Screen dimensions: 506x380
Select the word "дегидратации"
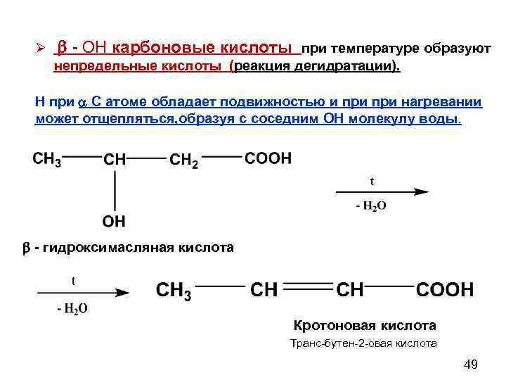355,67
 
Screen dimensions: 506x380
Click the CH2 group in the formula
184,160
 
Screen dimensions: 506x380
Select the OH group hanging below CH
114,222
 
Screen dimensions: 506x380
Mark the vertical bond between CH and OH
115,190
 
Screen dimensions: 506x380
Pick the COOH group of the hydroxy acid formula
268,159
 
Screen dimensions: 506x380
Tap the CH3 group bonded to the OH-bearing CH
47,160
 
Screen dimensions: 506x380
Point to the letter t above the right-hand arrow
372,181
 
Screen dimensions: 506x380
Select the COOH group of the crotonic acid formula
445,289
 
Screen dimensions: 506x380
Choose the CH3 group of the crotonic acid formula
174,291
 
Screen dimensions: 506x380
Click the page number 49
471,364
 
